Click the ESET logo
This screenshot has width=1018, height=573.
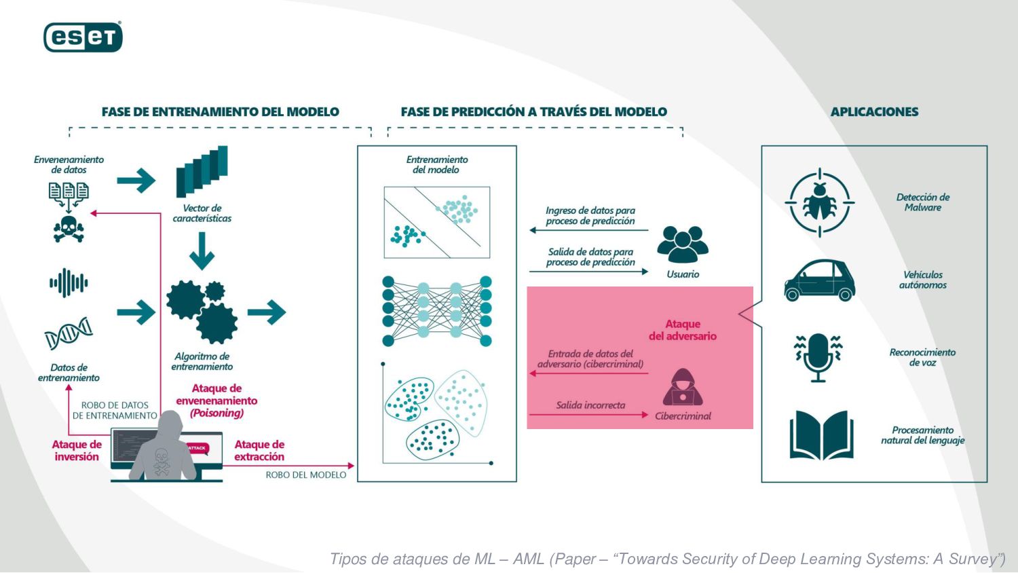point(83,37)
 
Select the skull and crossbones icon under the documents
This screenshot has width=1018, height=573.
point(69,229)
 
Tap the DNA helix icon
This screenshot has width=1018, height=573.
point(69,333)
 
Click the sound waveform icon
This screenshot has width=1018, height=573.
point(69,282)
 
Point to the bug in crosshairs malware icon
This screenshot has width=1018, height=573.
point(819,202)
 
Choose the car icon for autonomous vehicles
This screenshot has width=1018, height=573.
point(819,280)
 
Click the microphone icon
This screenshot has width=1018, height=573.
point(818,357)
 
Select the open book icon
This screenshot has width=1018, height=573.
point(821,435)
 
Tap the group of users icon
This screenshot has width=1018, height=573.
point(683,244)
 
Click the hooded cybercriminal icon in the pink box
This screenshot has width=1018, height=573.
point(682,388)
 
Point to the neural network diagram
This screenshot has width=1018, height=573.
point(436,311)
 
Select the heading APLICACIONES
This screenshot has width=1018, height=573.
point(874,112)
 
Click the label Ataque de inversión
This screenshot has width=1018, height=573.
point(77,451)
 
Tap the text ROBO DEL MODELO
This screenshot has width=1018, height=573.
point(306,475)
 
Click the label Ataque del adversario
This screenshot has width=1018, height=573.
point(683,330)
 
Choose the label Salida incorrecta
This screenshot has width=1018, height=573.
point(590,405)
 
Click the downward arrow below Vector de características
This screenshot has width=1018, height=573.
point(202,251)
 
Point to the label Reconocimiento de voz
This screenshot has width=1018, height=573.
point(922,357)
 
